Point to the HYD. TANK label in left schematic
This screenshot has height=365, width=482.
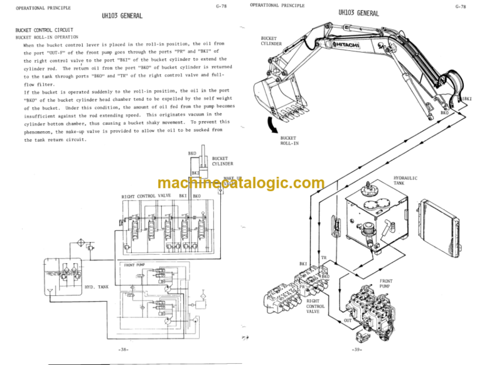96,288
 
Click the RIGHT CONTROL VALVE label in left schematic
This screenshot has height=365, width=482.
146,196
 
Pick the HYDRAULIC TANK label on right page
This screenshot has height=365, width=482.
405,181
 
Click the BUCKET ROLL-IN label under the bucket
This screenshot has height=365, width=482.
288,140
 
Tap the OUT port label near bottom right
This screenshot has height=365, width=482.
347,319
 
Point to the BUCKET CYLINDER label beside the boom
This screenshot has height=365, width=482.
271,41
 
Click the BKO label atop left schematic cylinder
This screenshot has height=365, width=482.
192,153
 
